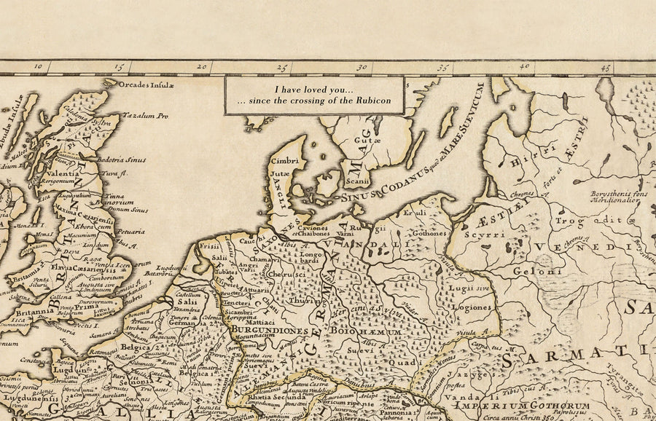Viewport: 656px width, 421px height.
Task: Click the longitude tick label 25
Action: coord(281,68)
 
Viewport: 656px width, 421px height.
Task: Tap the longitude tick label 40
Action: coord(523,67)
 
